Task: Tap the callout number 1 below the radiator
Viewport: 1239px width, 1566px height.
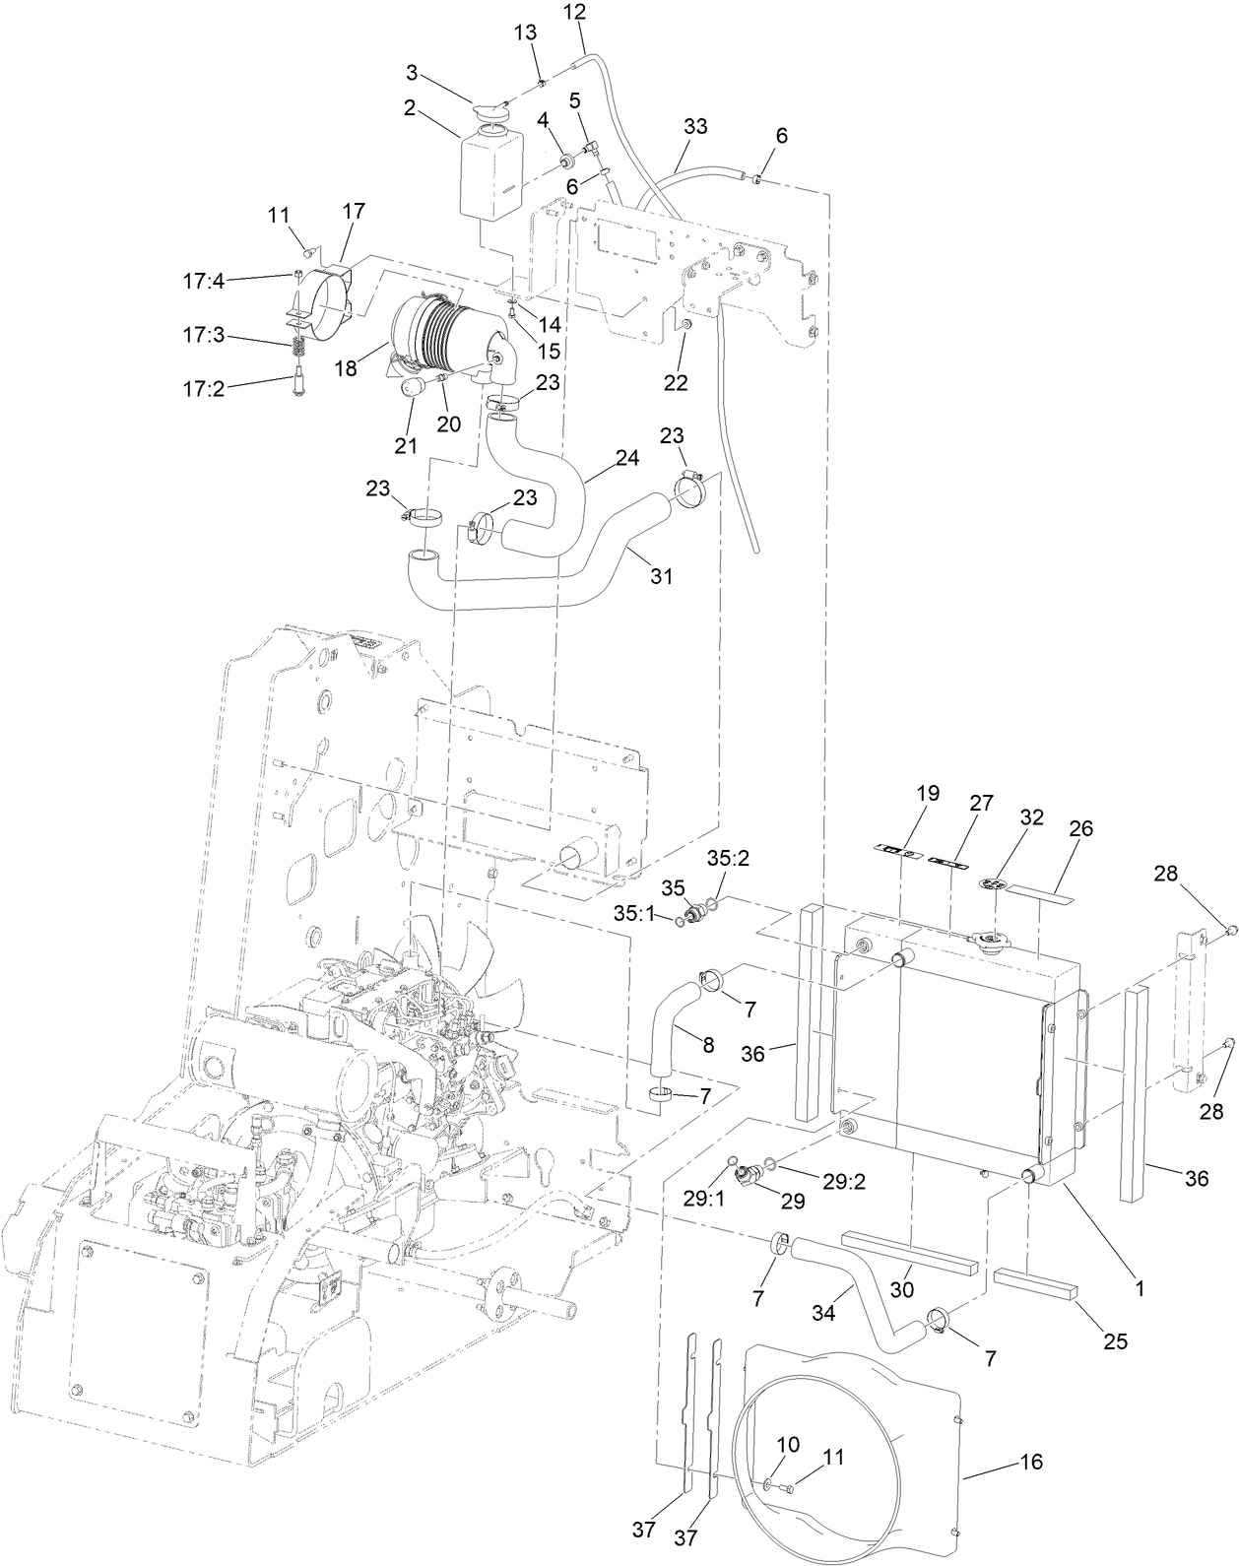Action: pyautogui.click(x=1140, y=1286)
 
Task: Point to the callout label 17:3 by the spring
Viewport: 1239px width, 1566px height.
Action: pyautogui.click(x=203, y=336)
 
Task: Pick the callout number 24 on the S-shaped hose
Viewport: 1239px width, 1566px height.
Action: pyautogui.click(x=627, y=458)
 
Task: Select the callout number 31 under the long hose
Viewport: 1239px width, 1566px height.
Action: pyautogui.click(x=662, y=576)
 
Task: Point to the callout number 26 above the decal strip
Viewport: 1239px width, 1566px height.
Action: pyautogui.click(x=1080, y=828)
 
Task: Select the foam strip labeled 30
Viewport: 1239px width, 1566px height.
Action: pyautogui.click(x=908, y=1251)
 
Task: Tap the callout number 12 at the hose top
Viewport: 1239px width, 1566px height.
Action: pyautogui.click(x=574, y=12)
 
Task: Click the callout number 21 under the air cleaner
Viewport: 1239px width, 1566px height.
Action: pyautogui.click(x=406, y=445)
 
